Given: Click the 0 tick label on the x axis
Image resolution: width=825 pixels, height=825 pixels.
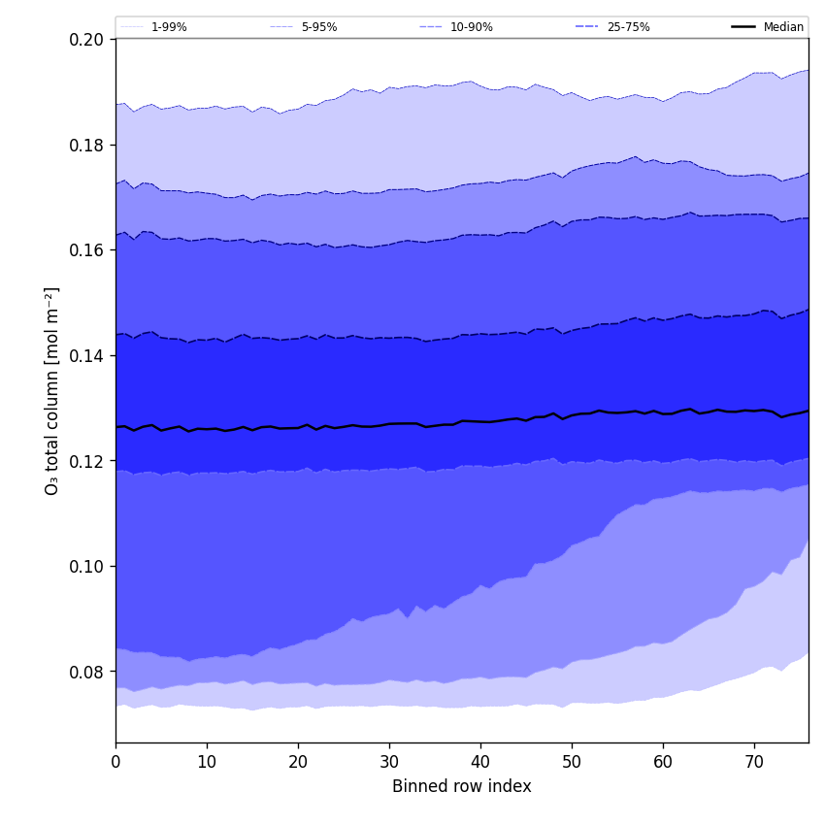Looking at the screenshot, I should [x=115, y=763].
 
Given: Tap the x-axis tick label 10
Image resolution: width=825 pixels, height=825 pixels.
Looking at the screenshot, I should [x=207, y=763].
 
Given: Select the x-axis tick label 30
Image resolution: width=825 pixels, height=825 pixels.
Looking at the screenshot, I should [x=389, y=763].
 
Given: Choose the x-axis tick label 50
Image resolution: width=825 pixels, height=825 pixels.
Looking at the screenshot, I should [x=572, y=763].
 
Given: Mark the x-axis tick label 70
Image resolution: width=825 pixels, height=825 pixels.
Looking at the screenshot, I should [x=754, y=763].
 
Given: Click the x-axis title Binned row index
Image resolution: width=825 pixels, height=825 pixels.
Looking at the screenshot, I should [x=462, y=787].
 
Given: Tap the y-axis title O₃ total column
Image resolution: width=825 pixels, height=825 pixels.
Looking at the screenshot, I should [x=52, y=390].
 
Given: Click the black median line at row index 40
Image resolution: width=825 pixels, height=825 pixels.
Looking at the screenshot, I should [x=480, y=421].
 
